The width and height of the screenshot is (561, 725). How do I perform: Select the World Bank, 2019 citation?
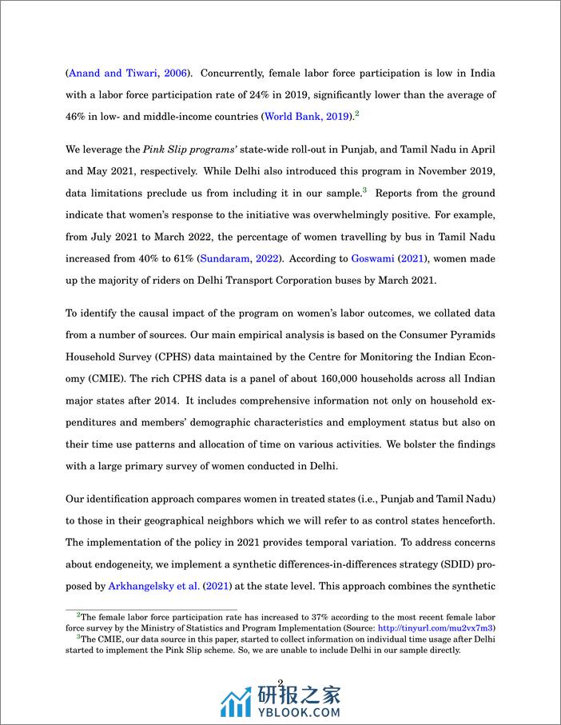(x=307, y=117)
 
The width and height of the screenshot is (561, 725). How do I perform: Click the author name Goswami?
(x=374, y=258)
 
